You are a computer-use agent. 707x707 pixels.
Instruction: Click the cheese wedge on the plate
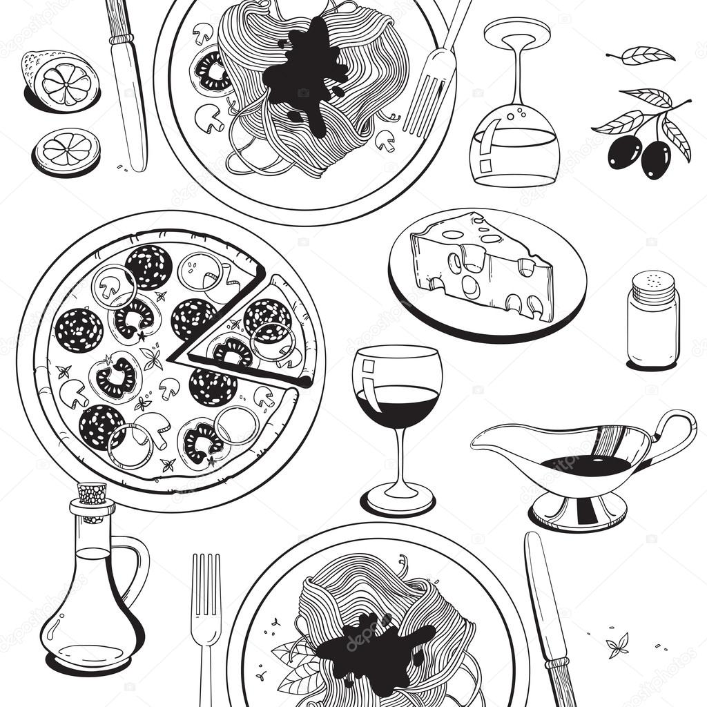483,266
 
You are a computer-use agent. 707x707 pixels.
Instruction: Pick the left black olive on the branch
624,151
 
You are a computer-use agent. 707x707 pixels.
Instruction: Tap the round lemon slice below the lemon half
67,151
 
